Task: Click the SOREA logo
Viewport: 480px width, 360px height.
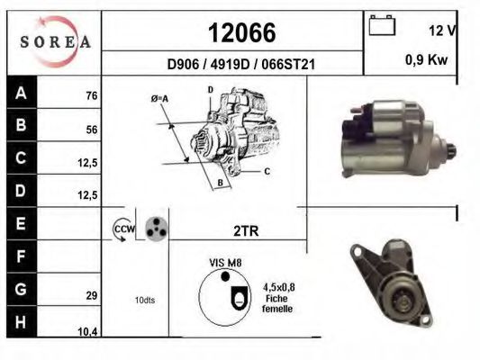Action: [56, 41]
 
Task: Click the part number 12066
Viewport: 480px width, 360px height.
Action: [242, 32]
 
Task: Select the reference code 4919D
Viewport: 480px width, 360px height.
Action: [230, 65]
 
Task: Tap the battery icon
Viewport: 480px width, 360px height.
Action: [382, 25]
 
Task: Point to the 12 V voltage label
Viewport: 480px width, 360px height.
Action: [442, 31]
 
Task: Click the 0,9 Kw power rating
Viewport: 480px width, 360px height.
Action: [427, 59]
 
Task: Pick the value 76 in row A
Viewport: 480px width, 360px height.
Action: [92, 95]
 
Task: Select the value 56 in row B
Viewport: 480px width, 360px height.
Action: [92, 130]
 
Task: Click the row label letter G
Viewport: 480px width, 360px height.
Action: [21, 289]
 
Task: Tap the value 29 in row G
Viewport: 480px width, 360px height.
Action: [92, 295]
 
